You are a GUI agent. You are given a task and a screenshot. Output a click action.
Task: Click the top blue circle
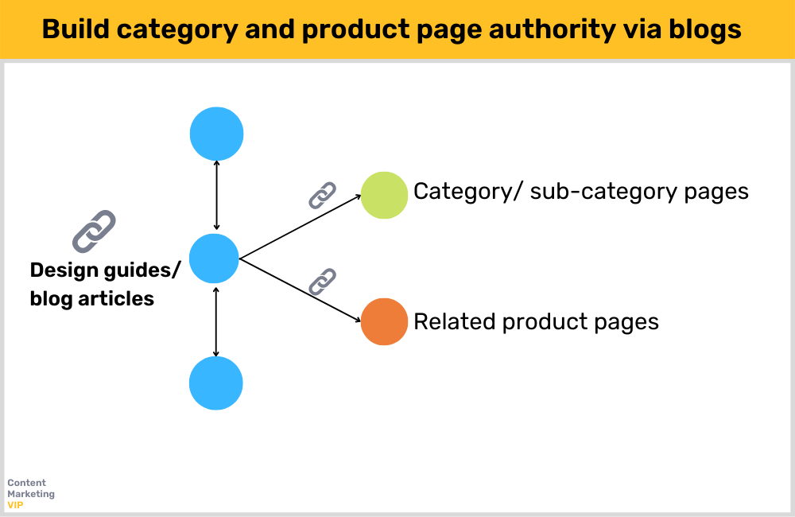click(x=216, y=134)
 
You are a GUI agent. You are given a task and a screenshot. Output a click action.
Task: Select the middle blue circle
click(x=215, y=258)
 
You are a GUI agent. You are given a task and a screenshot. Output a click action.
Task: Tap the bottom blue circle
click(x=215, y=383)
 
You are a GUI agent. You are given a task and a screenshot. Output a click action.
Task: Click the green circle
click(x=385, y=195)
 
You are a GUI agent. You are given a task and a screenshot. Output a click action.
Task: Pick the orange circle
click(x=385, y=321)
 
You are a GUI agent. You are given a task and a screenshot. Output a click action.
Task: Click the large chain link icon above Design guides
click(x=94, y=231)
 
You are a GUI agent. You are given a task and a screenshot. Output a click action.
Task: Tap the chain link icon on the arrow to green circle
click(x=322, y=195)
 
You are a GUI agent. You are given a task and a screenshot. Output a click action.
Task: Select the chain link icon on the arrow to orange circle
click(x=322, y=282)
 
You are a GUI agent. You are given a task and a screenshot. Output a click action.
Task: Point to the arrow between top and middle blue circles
click(x=216, y=196)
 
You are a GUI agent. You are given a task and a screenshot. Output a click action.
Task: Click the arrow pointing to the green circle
click(x=302, y=227)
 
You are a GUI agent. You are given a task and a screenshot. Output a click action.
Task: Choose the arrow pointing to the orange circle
click(x=302, y=290)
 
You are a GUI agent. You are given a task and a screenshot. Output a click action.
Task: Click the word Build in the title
click(x=72, y=29)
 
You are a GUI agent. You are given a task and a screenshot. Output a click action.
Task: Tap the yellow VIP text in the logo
click(x=15, y=505)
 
